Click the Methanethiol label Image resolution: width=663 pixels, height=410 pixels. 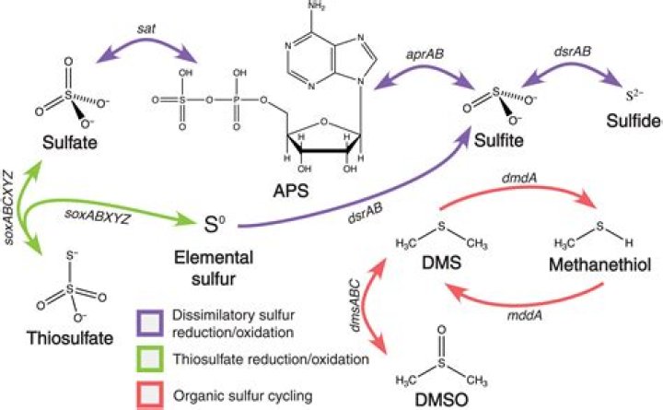point(599,266)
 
